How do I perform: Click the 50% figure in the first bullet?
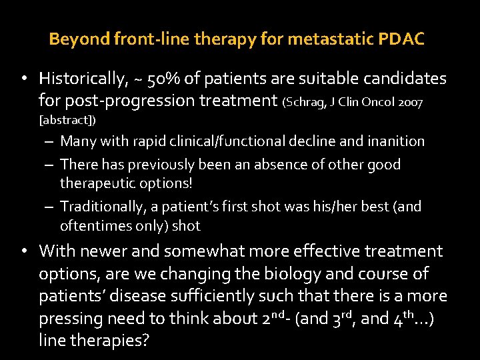pos(161,79)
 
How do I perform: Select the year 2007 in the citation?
pos(411,103)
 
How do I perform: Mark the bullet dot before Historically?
pos(23,79)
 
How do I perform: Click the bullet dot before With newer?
pos(23,251)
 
